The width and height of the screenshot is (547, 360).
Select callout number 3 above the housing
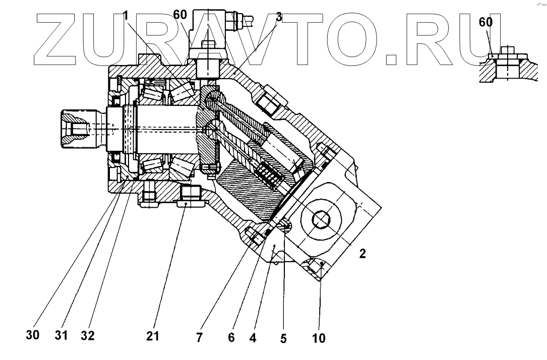point(278,17)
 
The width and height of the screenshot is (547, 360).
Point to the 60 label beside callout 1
point(180,14)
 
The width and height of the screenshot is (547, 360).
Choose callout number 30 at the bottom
point(33,335)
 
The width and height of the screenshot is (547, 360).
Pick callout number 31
point(61,335)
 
